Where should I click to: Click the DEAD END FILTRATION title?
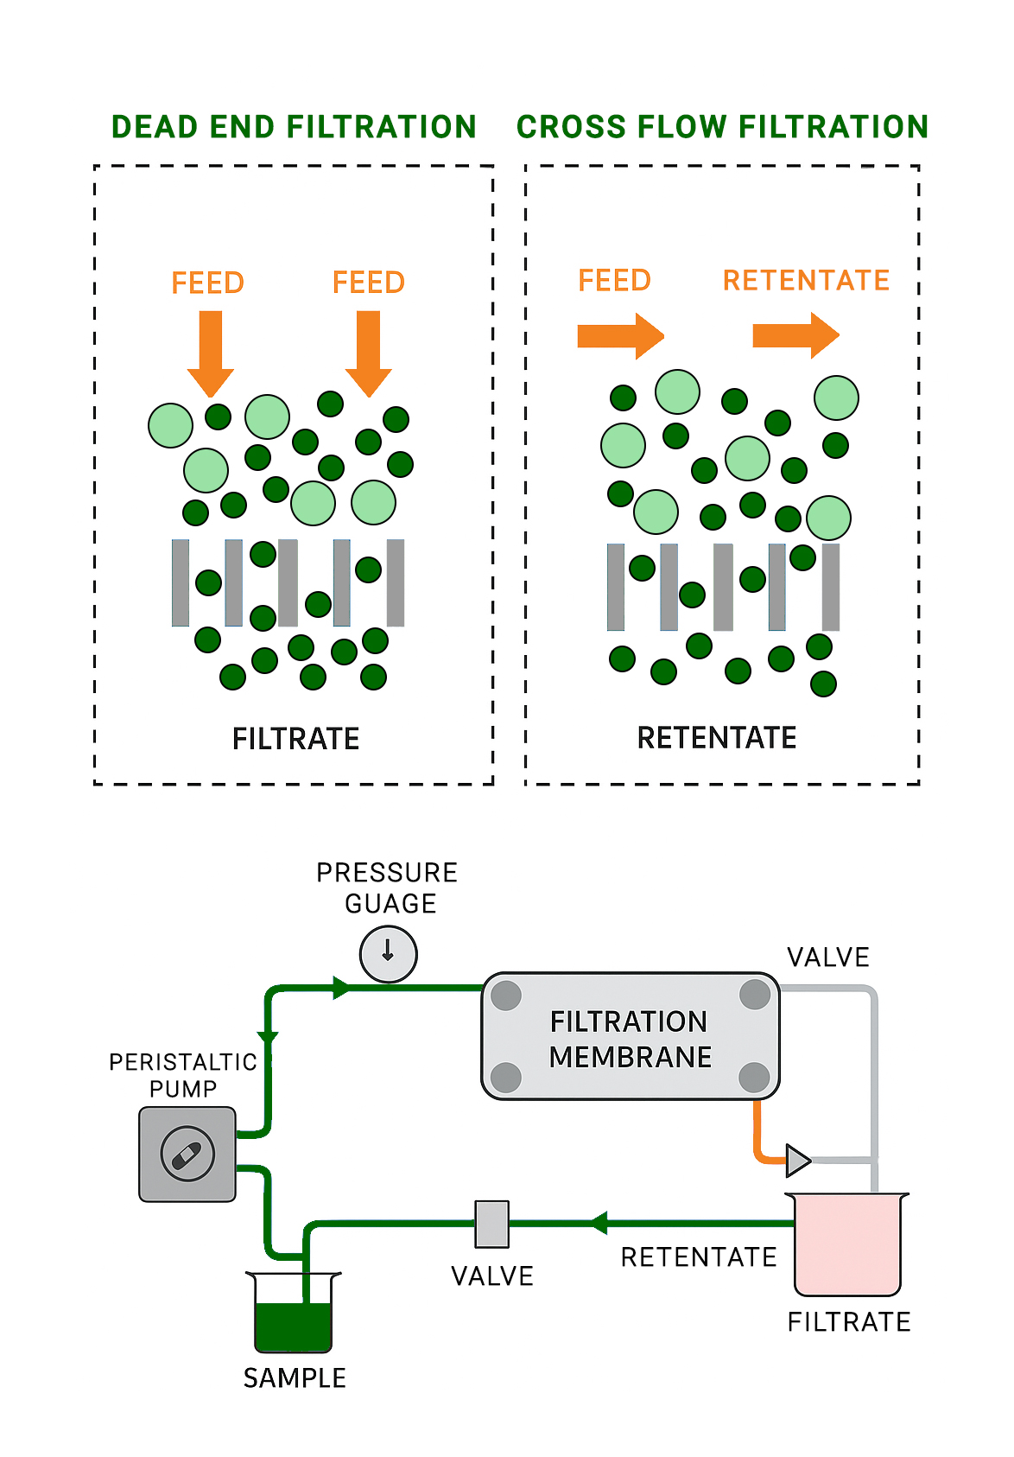point(294,127)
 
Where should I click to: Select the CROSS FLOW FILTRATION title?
point(722,127)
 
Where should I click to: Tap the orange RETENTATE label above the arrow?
point(806,280)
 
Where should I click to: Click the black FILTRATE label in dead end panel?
point(295,739)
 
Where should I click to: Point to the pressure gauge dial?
point(389,953)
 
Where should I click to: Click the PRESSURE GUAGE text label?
point(388,888)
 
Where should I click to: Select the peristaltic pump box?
point(187,1154)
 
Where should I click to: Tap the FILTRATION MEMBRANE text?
point(630,1039)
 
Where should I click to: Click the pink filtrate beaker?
point(847,1244)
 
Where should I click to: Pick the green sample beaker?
point(294,1314)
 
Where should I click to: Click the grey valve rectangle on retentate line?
point(492,1224)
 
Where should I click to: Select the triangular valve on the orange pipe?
point(797,1161)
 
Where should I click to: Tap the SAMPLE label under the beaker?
point(295,1377)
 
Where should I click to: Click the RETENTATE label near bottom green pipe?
point(699,1257)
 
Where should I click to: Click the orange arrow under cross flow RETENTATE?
point(795,335)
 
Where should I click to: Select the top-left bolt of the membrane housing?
point(506,996)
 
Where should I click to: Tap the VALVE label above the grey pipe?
point(827,957)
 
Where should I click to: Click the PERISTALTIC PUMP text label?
point(183,1074)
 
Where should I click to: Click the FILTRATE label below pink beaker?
point(849,1321)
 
